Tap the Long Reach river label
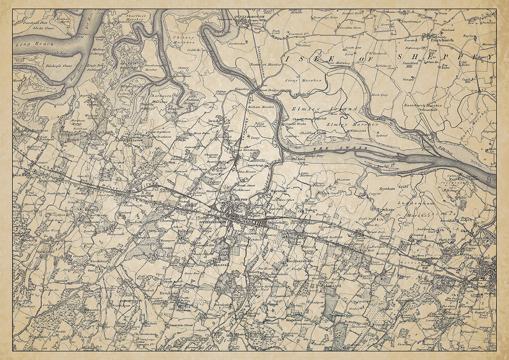(x=29, y=44)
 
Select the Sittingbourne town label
(x=212, y=223)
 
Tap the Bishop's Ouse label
(x=61, y=66)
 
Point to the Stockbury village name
(x=98, y=261)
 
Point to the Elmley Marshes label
(x=343, y=124)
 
